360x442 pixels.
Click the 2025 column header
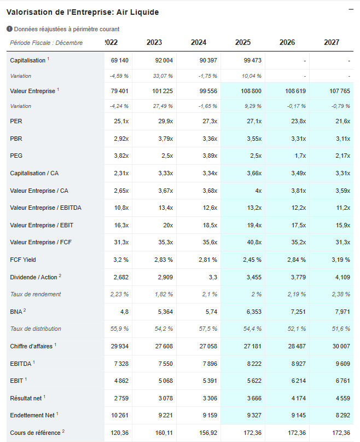click(x=243, y=42)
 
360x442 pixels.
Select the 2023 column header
click(x=154, y=42)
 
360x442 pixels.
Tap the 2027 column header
click(x=332, y=42)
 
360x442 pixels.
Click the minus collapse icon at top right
click(x=350, y=9)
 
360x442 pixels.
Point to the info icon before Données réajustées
click(x=9, y=29)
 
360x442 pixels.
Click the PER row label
click(x=16, y=121)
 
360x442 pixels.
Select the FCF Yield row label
click(x=23, y=260)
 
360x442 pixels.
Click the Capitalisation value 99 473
click(x=251, y=60)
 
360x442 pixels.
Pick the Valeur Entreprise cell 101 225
click(x=160, y=91)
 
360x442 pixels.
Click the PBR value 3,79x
click(x=165, y=139)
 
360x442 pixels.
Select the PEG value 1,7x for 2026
click(x=300, y=156)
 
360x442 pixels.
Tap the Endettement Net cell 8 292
click(x=341, y=415)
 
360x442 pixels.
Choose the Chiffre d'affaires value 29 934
click(x=119, y=346)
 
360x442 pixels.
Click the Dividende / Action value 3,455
click(x=252, y=277)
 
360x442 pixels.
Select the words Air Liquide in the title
click(x=140, y=12)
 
